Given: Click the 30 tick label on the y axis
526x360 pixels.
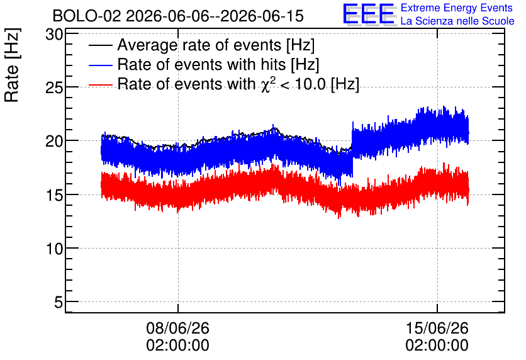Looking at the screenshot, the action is pyautogui.click(x=54, y=34).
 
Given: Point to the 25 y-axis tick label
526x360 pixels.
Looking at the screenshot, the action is pyautogui.click(x=54, y=88).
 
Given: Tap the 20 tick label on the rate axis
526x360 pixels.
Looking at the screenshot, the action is pyautogui.click(x=54, y=141).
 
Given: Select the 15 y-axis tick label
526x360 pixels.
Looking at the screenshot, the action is pyautogui.click(x=54, y=195).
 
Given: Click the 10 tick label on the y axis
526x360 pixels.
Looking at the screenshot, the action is pyautogui.click(x=54, y=249).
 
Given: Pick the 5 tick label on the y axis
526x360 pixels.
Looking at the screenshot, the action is pyautogui.click(x=59, y=302).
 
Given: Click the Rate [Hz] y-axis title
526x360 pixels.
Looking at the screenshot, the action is pyautogui.click(x=12, y=65).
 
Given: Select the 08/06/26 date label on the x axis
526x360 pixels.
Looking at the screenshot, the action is pyautogui.click(x=178, y=328).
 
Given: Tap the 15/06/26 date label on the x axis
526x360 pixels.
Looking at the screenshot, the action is pyautogui.click(x=437, y=328).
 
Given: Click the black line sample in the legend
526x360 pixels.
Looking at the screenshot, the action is pyautogui.click(x=101, y=45).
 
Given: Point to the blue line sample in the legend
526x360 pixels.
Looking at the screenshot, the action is pyautogui.click(x=101, y=65).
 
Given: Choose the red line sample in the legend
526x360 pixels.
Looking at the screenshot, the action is pyautogui.click(x=101, y=85).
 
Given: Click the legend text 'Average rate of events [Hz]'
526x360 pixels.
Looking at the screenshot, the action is pyautogui.click(x=216, y=45).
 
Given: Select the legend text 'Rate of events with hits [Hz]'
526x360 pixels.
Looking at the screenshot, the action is pyautogui.click(x=218, y=65).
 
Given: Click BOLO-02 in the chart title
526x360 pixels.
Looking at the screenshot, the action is pyautogui.click(x=87, y=16).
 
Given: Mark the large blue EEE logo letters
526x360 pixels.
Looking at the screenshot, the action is pyautogui.click(x=369, y=14).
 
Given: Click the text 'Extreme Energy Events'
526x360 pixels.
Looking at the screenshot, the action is pyautogui.click(x=457, y=8).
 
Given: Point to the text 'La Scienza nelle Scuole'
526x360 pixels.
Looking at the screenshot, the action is pyautogui.click(x=457, y=21).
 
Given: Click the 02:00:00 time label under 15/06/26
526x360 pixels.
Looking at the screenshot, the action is pyautogui.click(x=437, y=346).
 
